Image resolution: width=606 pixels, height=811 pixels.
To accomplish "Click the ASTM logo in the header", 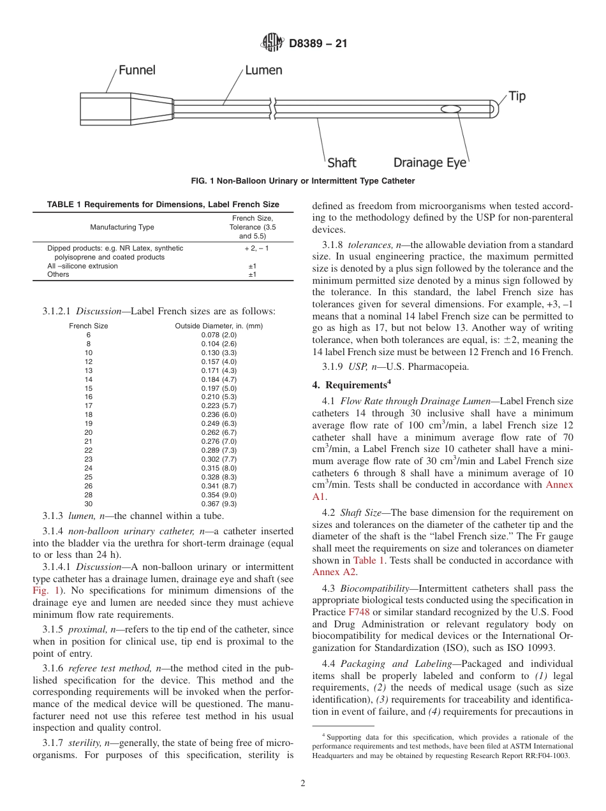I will pyautogui.click(x=272, y=43).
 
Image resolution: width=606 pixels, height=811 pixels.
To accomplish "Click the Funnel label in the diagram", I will pyautogui.click(x=137, y=69).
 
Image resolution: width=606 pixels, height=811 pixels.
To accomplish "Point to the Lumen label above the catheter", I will pyautogui.click(x=263, y=69).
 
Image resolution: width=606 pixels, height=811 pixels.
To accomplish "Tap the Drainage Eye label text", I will pyautogui.click(x=430, y=163).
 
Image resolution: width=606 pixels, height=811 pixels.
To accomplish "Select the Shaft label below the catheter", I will pyautogui.click(x=342, y=163).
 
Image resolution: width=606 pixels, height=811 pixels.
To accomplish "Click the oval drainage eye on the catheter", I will pyautogui.click(x=450, y=110).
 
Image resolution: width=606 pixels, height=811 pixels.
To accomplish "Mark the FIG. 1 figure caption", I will pyautogui.click(x=303, y=181).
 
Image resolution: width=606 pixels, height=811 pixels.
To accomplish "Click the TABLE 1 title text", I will pyautogui.click(x=163, y=205).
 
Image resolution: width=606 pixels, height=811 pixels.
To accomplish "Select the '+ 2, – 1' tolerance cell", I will pyautogui.click(x=252, y=248).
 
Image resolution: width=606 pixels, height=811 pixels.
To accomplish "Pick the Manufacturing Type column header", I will pyautogui.click(x=122, y=227).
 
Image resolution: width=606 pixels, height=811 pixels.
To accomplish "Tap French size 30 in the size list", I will pyautogui.click(x=89, y=504).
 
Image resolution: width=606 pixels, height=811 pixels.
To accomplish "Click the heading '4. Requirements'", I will pyautogui.click(x=351, y=385).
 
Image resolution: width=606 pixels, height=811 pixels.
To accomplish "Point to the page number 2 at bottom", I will pyautogui.click(x=303, y=784).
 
